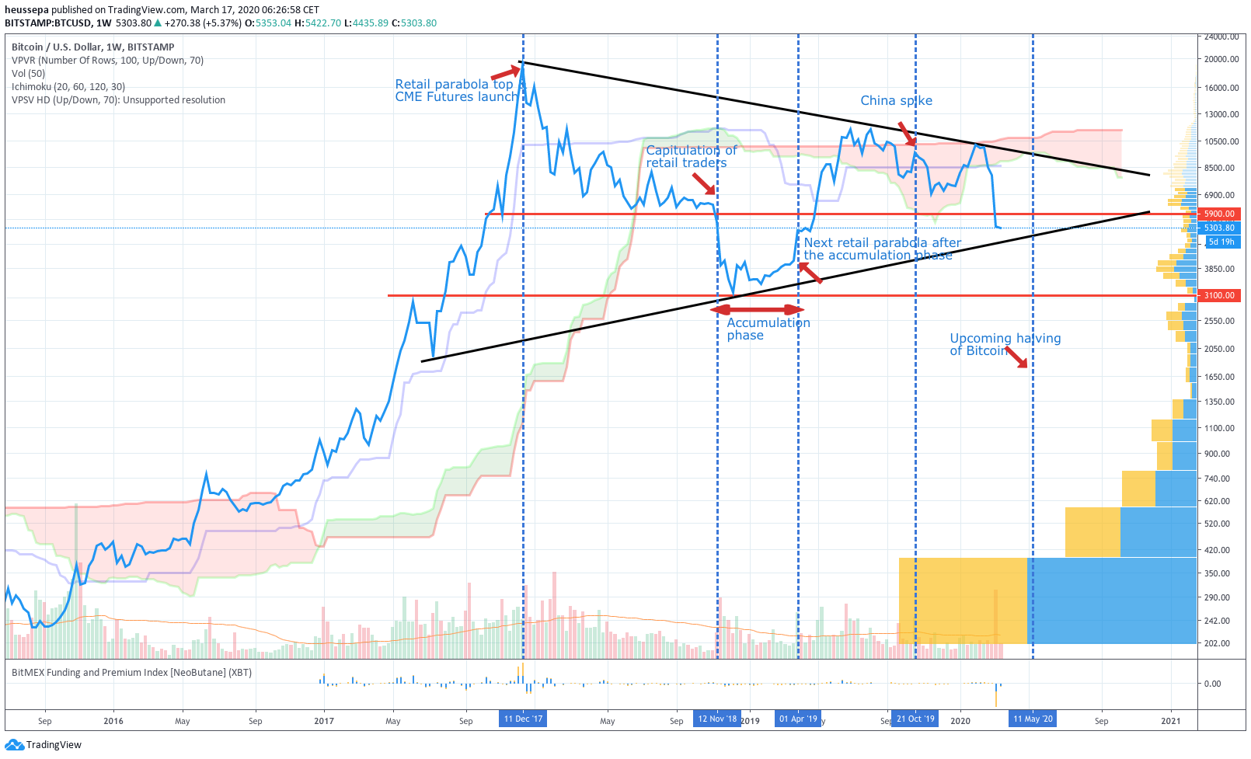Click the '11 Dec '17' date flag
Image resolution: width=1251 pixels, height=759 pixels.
point(523,719)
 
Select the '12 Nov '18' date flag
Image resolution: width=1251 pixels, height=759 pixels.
point(716,719)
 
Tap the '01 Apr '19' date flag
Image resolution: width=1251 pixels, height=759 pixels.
point(798,719)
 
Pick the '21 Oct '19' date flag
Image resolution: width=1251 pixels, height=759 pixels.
point(915,719)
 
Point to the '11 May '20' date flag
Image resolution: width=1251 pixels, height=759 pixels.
point(1033,719)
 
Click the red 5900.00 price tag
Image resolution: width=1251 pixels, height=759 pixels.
point(1218,214)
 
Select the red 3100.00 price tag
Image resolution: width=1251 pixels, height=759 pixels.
point(1218,295)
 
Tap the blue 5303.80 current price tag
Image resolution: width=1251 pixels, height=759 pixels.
point(1218,228)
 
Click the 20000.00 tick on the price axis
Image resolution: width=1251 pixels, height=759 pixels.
point(1221,59)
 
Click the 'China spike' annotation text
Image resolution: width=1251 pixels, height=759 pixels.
point(896,101)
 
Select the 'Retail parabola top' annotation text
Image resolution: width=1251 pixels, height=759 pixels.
point(454,84)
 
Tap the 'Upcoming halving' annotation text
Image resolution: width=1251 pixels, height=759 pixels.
point(1005,339)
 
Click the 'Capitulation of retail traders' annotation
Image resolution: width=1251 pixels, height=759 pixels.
point(690,156)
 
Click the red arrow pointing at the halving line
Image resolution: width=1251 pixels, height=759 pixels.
point(1017,357)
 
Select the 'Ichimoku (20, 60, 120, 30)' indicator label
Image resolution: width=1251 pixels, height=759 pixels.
point(68,87)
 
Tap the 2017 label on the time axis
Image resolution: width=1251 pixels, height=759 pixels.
point(324,721)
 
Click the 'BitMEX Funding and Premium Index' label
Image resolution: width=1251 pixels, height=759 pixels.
point(131,673)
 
